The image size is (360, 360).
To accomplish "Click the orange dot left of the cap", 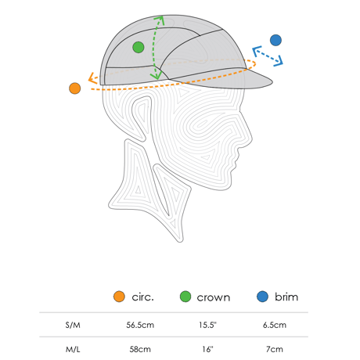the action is (75, 88).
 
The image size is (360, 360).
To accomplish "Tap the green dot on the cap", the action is (139, 47).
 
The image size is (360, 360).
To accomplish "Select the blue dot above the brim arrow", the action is (275, 40).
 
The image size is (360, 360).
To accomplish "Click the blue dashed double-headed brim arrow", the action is (268, 56).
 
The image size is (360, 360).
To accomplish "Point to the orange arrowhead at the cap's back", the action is (92, 77).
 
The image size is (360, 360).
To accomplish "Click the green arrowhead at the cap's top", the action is (160, 20).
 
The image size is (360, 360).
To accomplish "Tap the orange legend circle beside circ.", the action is (119, 297).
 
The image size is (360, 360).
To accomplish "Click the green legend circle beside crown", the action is (185, 297).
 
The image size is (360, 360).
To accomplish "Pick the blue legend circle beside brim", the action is (262, 297).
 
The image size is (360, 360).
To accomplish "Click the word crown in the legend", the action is (214, 297).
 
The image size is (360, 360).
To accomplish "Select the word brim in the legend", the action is (286, 297).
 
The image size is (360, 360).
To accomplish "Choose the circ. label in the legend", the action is (143, 297).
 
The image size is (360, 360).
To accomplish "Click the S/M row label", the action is (73, 325).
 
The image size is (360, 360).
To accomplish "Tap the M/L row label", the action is (73, 349).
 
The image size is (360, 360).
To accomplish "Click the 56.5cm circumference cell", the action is (140, 325).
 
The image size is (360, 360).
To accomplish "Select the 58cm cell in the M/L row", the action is (140, 349).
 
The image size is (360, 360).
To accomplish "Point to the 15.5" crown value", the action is (207, 325).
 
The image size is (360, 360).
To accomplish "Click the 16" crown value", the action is (207, 349).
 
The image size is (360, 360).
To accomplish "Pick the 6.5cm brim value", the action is (275, 325).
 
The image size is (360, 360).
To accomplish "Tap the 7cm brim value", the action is (275, 349).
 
